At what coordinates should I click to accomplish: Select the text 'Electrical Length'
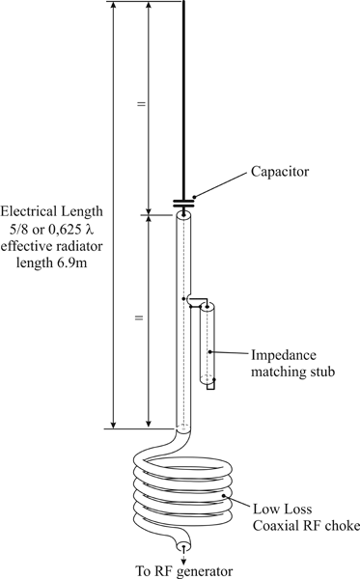coord(52,211)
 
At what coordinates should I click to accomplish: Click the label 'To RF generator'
coord(185,569)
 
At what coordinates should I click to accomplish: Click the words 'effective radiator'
coord(54,246)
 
